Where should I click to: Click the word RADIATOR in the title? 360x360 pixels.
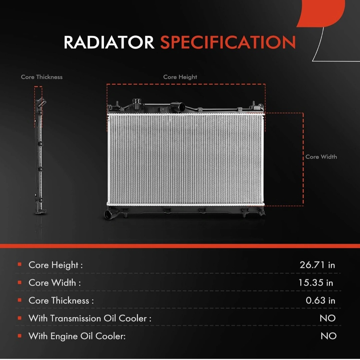point(109,42)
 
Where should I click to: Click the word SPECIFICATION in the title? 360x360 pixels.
point(228,42)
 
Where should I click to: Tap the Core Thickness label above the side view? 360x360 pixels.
point(42,77)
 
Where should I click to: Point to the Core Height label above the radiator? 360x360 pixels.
point(180,77)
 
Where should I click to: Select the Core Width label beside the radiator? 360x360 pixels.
point(321,157)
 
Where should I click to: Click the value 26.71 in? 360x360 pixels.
point(317,265)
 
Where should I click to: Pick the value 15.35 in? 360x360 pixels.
point(316,283)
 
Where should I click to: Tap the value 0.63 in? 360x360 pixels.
point(320,300)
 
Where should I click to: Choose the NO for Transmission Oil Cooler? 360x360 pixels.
point(328,318)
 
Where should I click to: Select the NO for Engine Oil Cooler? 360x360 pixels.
point(329,336)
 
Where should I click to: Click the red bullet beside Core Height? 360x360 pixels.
point(20,265)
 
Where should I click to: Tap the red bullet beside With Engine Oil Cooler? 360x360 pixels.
point(20,336)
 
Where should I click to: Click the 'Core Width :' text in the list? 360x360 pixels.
point(55,283)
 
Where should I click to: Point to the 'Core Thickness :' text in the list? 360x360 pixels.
point(61,301)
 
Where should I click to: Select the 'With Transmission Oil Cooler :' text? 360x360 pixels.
point(90,318)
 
